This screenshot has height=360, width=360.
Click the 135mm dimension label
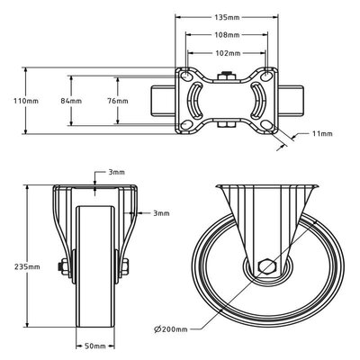(226, 17)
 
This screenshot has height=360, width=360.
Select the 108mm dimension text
(227, 36)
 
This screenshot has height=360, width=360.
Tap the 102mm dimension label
(227, 53)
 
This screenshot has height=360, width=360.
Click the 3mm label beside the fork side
(160, 213)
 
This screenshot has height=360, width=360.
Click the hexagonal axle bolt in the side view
(264, 266)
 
